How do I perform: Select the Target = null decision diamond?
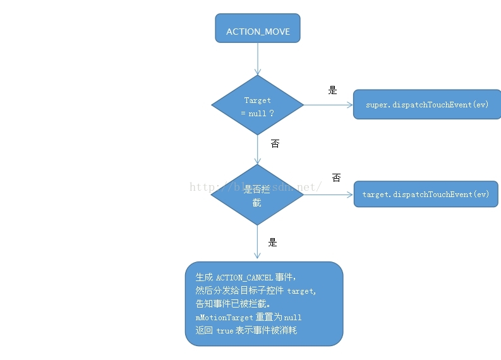[257, 105]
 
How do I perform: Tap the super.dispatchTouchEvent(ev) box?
[427, 104]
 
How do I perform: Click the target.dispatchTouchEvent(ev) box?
[426, 195]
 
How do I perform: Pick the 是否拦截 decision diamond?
[257, 195]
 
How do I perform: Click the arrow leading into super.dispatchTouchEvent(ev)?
[329, 105]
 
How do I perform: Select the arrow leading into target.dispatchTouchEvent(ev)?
[329, 195]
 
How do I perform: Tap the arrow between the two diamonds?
[257, 150]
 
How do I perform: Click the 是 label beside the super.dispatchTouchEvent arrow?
[333, 90]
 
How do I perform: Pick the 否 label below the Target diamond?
[275, 143]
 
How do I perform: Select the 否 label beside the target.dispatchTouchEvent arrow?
[336, 178]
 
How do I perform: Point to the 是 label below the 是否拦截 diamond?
[273, 243]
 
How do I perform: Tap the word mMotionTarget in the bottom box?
[224, 317]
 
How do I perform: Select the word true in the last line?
[225, 330]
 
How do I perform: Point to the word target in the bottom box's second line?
[301, 291]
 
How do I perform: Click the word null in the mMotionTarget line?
[293, 317]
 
